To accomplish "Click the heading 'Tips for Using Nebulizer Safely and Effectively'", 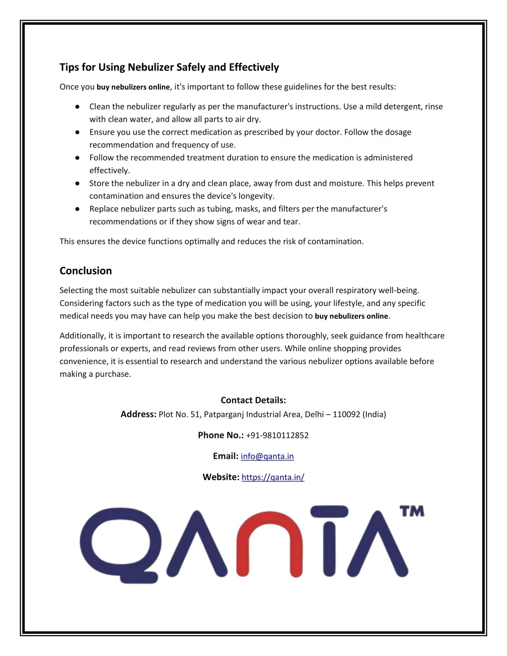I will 169,67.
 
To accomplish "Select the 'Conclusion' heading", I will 86,271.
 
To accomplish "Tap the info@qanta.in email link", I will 267,456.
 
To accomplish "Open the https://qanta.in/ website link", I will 273,477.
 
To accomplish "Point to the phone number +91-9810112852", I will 277,435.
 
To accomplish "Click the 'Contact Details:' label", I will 253,400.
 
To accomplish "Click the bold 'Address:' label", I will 138,414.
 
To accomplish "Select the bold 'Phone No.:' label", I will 220,435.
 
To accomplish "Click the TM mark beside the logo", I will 412,511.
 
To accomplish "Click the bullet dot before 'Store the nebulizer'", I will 78,183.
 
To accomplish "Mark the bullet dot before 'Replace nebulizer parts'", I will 78,209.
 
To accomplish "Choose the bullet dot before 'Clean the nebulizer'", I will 78,106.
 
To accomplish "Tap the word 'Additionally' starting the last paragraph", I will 82,336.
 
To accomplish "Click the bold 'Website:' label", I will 221,477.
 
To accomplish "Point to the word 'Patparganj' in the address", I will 224,414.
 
